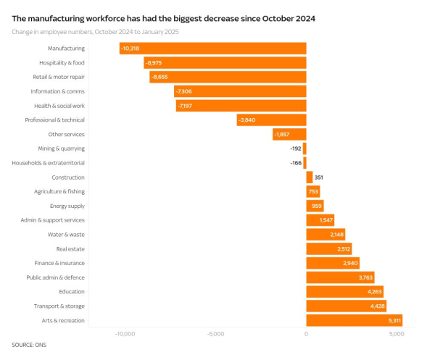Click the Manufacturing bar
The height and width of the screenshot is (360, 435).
click(x=213, y=49)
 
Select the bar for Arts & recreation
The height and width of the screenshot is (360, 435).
click(x=354, y=320)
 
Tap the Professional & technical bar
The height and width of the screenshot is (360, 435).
click(x=271, y=120)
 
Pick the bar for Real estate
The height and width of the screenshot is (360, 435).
click(x=329, y=248)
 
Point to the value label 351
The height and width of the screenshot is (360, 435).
click(x=319, y=177)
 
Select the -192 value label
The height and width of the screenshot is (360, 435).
click(x=295, y=148)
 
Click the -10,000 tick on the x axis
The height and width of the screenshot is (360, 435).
click(x=125, y=334)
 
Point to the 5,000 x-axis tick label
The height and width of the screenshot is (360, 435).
click(x=396, y=334)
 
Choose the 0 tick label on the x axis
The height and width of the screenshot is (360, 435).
click(x=306, y=334)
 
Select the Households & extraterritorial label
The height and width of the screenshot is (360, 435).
click(x=48, y=163)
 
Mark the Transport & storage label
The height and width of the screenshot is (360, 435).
click(x=59, y=306)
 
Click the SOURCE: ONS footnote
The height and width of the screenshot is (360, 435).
click(x=29, y=345)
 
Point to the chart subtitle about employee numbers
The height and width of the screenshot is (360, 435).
click(x=95, y=32)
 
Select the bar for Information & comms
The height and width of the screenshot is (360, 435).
click(x=240, y=91)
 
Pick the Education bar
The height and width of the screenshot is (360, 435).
click(x=344, y=291)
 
